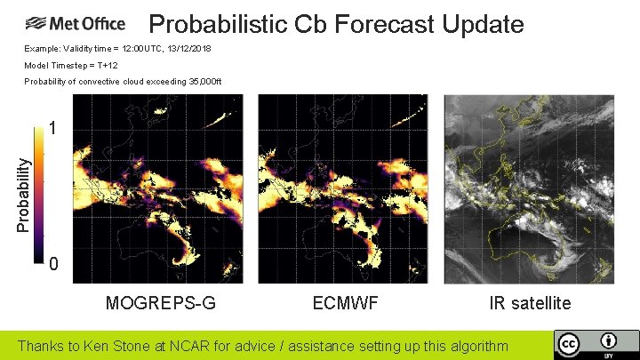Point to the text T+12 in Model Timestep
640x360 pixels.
[x=110, y=66]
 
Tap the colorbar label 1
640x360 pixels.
[x=53, y=130]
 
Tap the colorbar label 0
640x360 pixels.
[x=53, y=265]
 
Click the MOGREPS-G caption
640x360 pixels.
[x=160, y=303]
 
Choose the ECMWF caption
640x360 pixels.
[x=345, y=303]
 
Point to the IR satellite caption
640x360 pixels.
[x=529, y=303]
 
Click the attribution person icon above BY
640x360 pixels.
[x=609, y=340]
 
